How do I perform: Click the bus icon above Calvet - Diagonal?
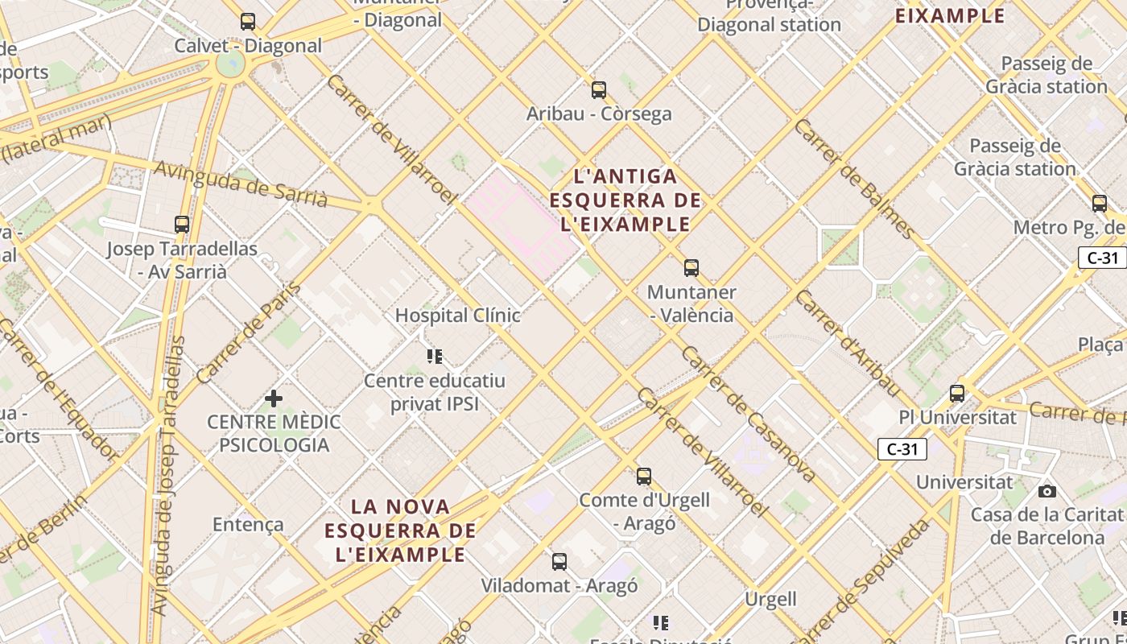click(x=248, y=22)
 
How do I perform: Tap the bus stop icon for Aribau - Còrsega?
click(x=598, y=89)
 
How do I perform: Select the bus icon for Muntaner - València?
click(x=691, y=267)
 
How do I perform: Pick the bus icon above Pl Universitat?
click(x=956, y=394)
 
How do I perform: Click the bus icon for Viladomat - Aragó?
click(x=559, y=562)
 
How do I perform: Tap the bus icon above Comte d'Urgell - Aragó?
click(x=643, y=476)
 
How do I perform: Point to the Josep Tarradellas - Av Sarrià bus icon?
click(x=182, y=225)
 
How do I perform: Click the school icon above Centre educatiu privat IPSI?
click(x=435, y=356)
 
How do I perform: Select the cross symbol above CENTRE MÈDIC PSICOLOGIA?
click(x=274, y=398)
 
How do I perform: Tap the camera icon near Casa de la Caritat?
click(x=1046, y=491)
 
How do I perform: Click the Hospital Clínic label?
click(x=457, y=316)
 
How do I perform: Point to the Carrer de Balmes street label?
click(x=855, y=180)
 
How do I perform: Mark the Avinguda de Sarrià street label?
click(x=240, y=184)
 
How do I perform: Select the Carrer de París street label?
click(x=249, y=332)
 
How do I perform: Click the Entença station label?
click(x=248, y=525)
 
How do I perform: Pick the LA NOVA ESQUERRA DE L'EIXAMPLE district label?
click(x=401, y=530)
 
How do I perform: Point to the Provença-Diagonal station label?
click(x=769, y=15)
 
